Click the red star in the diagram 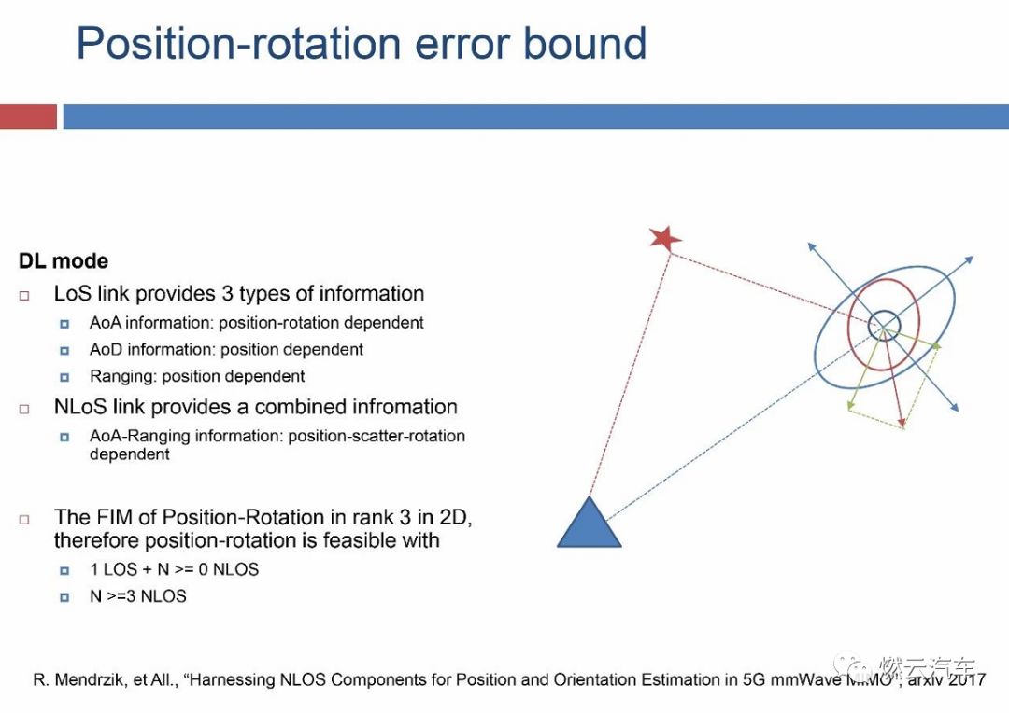(665, 238)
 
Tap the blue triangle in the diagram (589, 526)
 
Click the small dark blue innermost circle (883, 326)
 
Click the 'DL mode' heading (64, 261)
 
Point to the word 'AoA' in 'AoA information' (105, 323)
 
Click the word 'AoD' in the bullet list (106, 350)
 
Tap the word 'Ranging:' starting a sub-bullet (120, 377)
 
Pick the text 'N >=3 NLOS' (138, 596)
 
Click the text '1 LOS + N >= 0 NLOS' (174, 569)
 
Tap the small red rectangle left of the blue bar (28, 117)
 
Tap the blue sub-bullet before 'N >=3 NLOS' (65, 596)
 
